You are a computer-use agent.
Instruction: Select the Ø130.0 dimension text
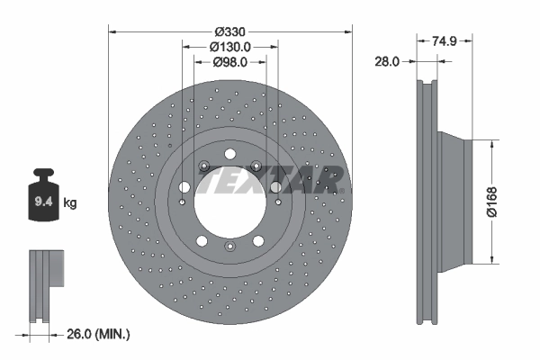229,47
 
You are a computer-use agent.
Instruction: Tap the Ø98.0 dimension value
230,62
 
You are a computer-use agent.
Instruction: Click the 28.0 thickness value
388,61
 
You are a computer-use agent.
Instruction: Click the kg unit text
70,203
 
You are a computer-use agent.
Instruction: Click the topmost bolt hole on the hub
229,153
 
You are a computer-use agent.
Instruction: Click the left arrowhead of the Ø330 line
112,31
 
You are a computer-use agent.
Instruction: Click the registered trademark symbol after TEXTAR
343,191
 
